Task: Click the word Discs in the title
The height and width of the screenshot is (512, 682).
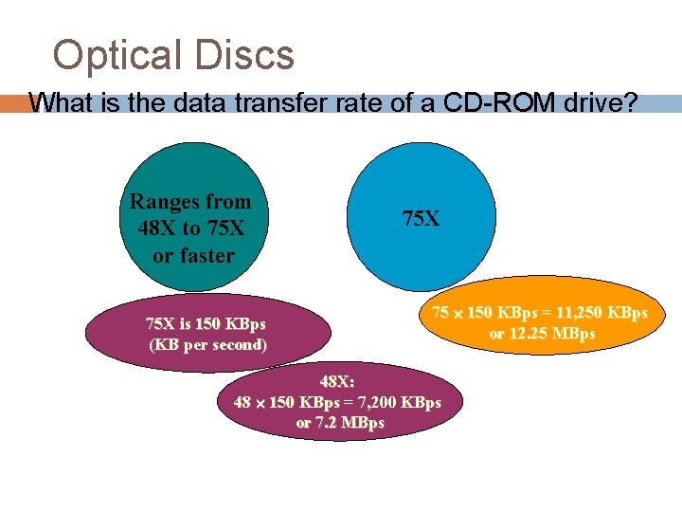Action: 244,56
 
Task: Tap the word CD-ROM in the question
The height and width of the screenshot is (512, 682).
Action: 516,102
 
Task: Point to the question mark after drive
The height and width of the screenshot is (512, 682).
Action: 631,102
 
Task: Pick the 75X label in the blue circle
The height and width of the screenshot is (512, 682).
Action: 421,219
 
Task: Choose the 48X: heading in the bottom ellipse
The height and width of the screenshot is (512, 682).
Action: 337,382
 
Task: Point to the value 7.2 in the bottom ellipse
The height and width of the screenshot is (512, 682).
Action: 326,422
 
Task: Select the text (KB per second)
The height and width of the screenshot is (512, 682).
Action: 208,344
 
